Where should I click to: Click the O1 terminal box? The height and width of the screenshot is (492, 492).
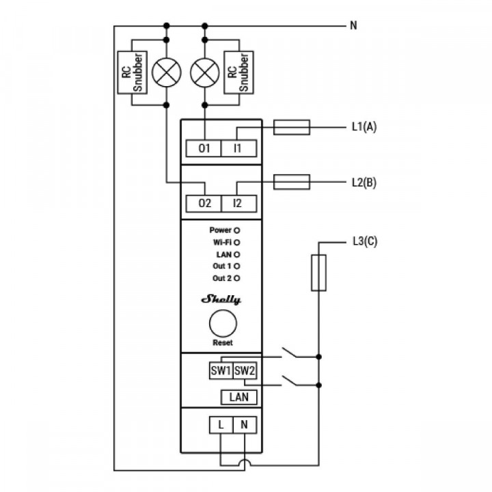pyautogui.click(x=204, y=148)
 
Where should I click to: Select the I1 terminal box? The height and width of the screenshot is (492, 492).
pyautogui.click(x=238, y=148)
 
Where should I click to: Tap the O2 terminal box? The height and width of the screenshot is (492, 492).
pyautogui.click(x=204, y=203)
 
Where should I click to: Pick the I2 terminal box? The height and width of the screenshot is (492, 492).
pyautogui.click(x=238, y=203)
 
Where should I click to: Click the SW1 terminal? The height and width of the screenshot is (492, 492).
pyautogui.click(x=221, y=371)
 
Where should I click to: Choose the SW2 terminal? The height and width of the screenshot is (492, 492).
pyautogui.click(x=244, y=371)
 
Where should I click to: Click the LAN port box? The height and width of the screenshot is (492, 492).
pyautogui.click(x=238, y=397)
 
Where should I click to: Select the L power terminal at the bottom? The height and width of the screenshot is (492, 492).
pyautogui.click(x=221, y=425)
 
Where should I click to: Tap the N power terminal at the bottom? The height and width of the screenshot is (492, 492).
pyautogui.click(x=244, y=425)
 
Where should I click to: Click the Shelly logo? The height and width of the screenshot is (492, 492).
pyautogui.click(x=221, y=299)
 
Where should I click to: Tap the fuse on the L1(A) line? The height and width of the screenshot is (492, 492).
pyautogui.click(x=292, y=127)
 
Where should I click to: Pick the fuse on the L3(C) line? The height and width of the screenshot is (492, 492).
pyautogui.click(x=318, y=273)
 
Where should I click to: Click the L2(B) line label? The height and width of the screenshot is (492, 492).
pyautogui.click(x=364, y=182)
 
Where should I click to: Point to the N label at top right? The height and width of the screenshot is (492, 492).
pyautogui.click(x=353, y=26)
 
